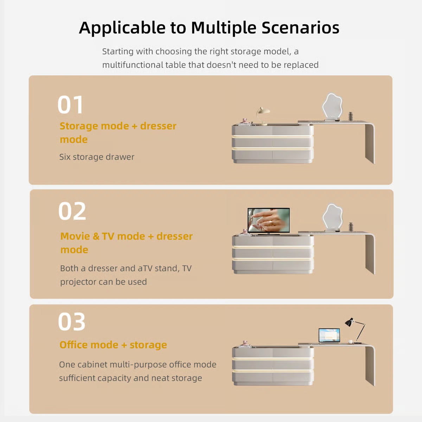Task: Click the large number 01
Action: (x=70, y=105)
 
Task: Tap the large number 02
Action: (x=72, y=211)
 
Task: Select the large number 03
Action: (x=72, y=321)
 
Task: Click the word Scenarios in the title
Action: (x=300, y=28)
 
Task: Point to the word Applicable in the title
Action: (x=122, y=28)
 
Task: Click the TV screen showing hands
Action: (x=268, y=220)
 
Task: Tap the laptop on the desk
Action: (x=329, y=335)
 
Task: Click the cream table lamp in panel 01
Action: (x=263, y=116)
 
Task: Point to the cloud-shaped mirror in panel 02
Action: (x=333, y=217)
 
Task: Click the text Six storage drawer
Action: (x=97, y=157)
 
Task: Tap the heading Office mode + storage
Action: (x=113, y=345)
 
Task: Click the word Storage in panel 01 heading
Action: (x=79, y=126)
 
